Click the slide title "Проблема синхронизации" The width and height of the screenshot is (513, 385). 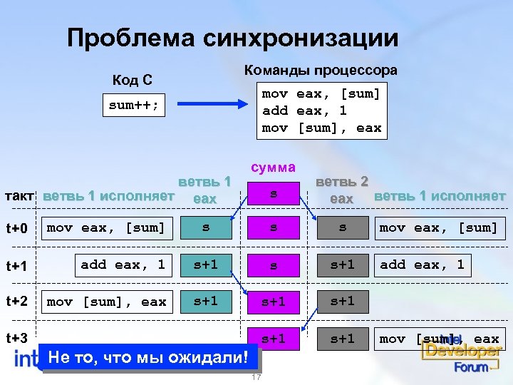(x=232, y=38)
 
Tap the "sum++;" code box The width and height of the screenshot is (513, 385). (x=135, y=106)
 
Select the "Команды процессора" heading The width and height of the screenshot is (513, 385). (x=321, y=71)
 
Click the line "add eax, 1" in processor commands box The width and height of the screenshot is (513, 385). (x=304, y=111)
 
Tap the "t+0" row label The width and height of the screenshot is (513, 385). (x=16, y=229)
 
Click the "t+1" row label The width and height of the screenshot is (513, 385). (x=16, y=266)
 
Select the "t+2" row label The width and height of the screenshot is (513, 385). (x=16, y=301)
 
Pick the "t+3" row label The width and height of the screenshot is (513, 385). (x=16, y=337)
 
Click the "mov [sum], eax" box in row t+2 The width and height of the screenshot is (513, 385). (x=106, y=302)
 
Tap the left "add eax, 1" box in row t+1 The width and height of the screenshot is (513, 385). (x=123, y=265)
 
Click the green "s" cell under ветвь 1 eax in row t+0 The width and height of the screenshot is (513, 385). (x=205, y=228)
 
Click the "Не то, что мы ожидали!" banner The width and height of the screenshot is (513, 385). (x=150, y=356)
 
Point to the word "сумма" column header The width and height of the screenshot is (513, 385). (x=273, y=168)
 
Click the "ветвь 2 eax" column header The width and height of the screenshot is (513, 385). (x=341, y=190)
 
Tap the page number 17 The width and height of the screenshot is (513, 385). (x=256, y=377)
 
